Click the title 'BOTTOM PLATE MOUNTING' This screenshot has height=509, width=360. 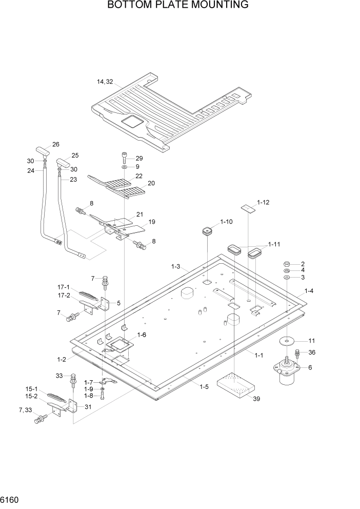[x=178, y=6]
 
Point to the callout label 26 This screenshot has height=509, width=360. [x=56, y=144]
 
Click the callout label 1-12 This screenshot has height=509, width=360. [x=263, y=203]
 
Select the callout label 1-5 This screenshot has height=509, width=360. [x=204, y=386]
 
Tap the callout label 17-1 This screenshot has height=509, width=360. [x=64, y=288]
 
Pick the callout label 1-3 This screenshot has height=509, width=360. [x=175, y=266]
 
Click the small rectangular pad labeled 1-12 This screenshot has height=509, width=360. [x=248, y=207]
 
